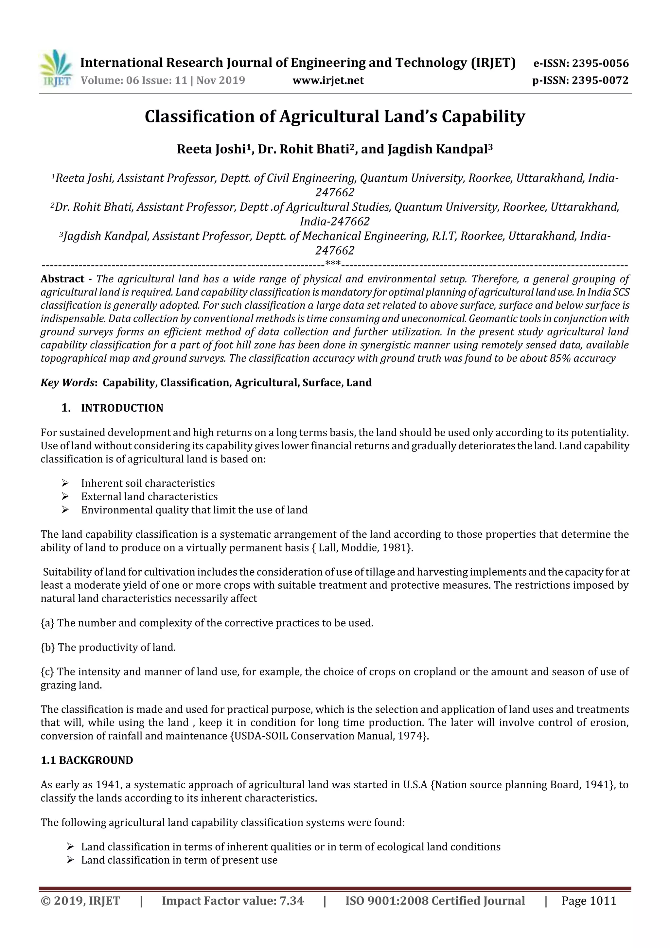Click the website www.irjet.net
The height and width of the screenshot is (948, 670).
point(328,80)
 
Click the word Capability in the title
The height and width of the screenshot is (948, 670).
point(483,116)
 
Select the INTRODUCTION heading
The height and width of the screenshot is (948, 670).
point(122,408)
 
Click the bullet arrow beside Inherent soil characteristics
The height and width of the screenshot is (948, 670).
point(65,483)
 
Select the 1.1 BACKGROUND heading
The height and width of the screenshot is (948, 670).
point(87,760)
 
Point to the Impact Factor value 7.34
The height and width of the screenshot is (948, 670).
point(291,901)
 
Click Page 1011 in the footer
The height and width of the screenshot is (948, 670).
point(589,901)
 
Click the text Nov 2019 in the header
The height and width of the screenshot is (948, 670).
point(221,80)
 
